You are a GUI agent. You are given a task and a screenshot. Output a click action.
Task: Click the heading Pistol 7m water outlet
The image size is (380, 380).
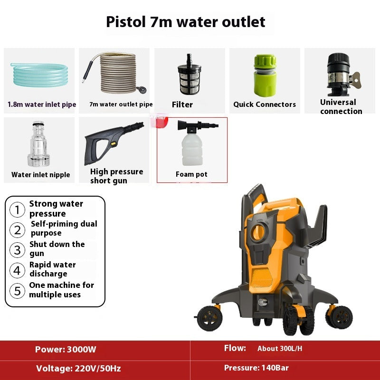[x=185, y=22]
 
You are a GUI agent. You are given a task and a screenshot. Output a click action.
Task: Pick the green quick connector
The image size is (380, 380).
[x=265, y=76]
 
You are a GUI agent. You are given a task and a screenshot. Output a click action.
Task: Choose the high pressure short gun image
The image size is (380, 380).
[x=113, y=142]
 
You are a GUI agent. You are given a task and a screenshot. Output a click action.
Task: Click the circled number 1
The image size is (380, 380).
[x=18, y=209]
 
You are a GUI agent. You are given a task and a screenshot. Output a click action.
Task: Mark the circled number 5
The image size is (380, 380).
[x=18, y=290]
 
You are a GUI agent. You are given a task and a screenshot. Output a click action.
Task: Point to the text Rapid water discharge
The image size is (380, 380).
[x=52, y=269]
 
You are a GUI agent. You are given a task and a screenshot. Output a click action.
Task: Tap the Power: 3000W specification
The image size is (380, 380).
[x=66, y=350]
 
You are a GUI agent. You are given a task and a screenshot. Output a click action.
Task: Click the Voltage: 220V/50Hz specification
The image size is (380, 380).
[x=78, y=368]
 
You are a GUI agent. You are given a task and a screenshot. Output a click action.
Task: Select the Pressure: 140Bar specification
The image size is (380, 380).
[x=256, y=368]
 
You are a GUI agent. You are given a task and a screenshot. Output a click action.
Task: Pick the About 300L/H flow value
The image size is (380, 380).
[x=280, y=349]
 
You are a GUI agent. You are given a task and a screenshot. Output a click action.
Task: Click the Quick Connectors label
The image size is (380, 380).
[x=265, y=104]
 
